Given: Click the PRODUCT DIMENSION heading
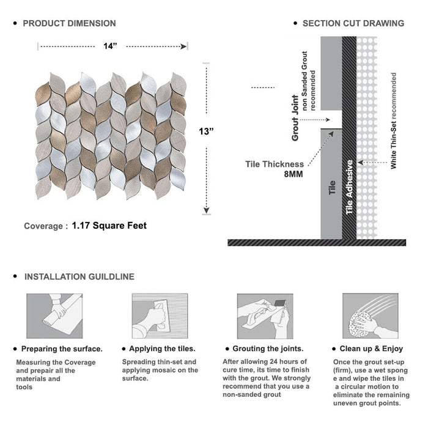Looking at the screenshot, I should (x=69, y=23).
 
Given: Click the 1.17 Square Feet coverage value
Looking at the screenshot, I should (x=109, y=226).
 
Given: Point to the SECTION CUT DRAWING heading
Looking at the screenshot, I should (x=353, y=23).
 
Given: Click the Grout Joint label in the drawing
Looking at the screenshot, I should (x=295, y=117).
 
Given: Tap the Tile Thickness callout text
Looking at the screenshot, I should (x=275, y=164).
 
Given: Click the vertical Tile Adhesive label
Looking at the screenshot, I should (x=350, y=186).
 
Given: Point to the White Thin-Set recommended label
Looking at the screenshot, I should (x=394, y=121).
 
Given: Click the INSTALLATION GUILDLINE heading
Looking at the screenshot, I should (x=79, y=276).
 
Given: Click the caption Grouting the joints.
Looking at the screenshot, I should (x=267, y=349).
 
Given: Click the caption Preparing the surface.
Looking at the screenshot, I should (x=62, y=349).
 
